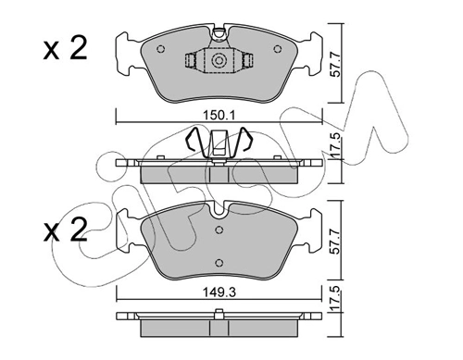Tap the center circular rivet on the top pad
(219, 62)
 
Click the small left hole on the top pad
(161, 49)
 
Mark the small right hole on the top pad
(278, 49)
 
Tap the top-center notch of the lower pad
(219, 224)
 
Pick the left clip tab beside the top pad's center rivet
(190, 61)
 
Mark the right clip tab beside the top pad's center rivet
(249, 61)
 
